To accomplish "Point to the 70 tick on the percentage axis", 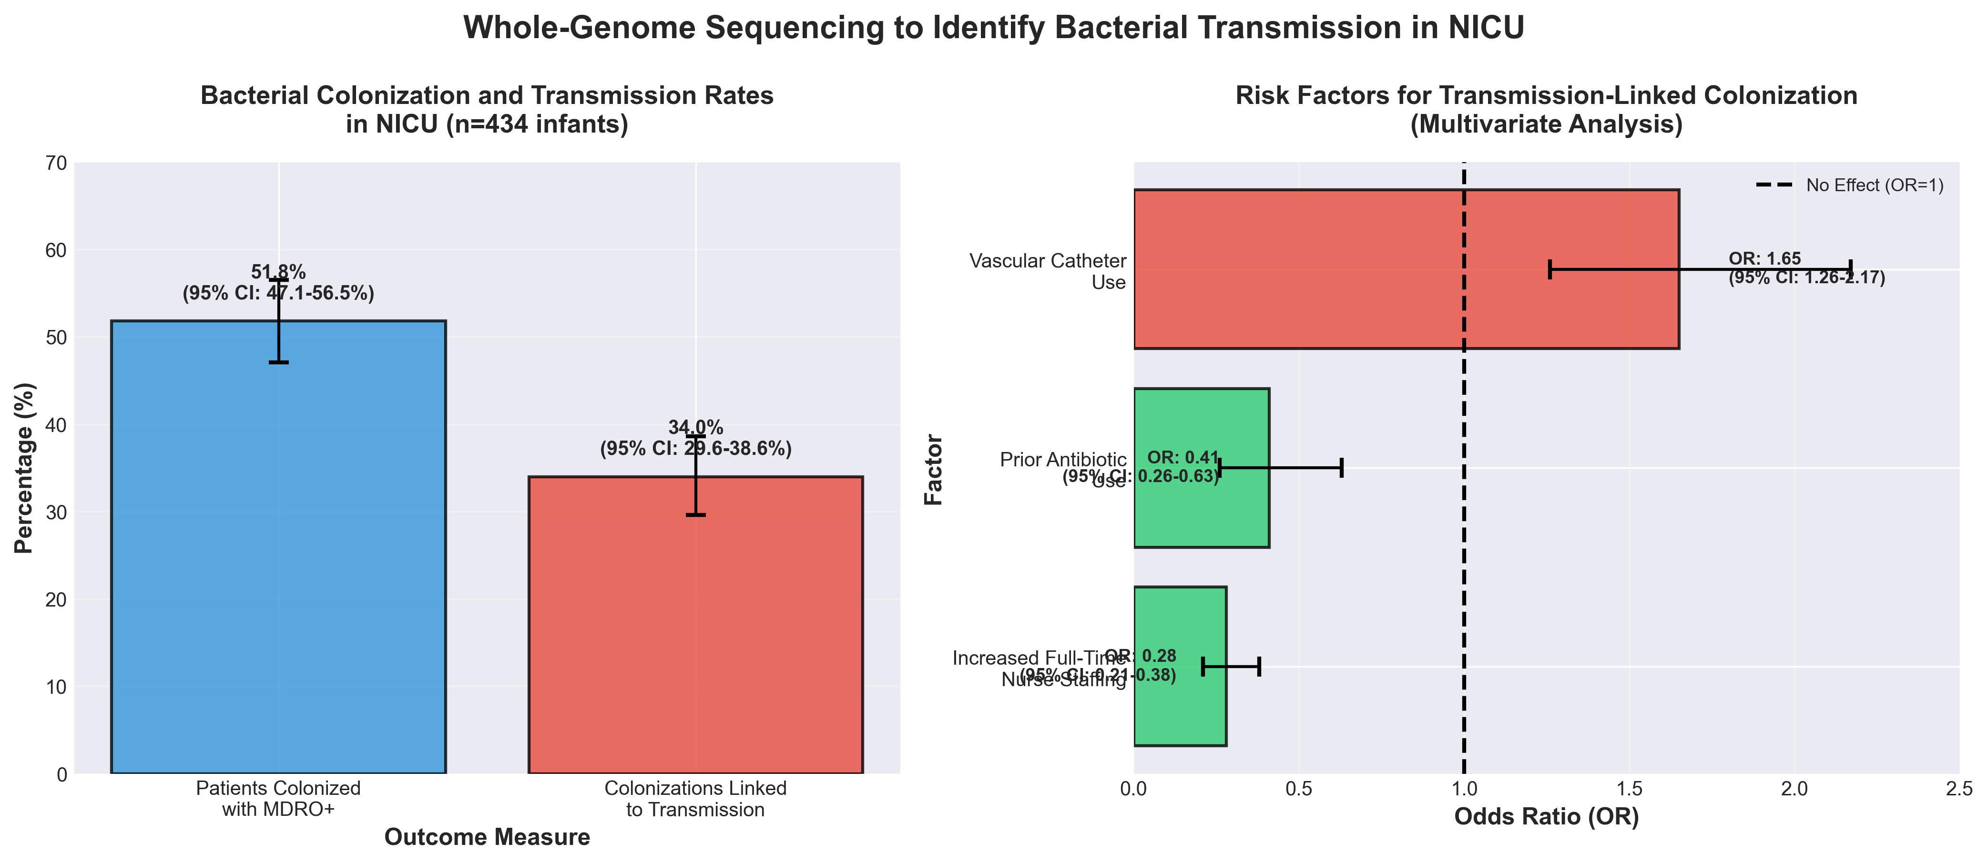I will point(60,164).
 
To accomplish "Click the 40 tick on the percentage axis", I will point(60,425).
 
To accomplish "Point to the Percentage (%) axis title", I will point(25,468).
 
